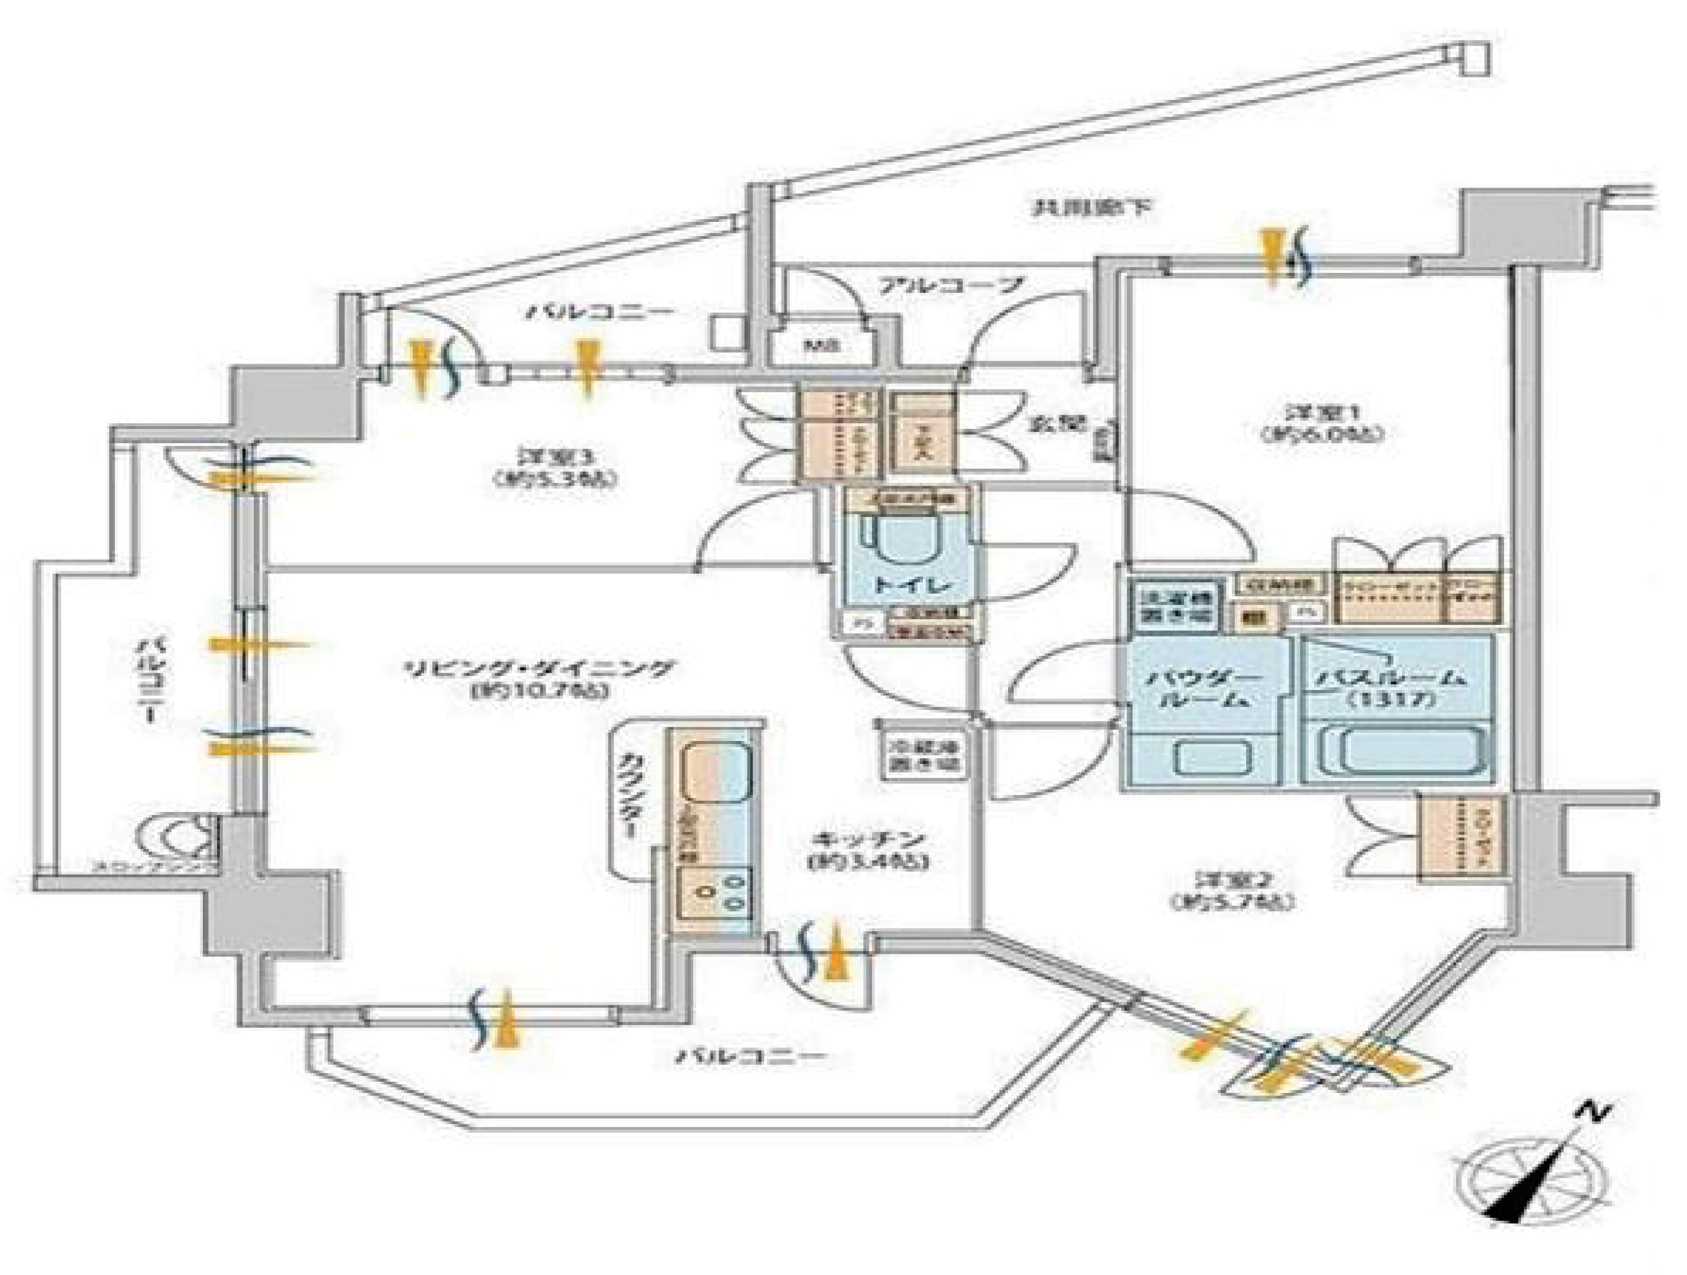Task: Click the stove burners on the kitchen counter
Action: pos(718,892)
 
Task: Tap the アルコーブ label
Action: pos(950,288)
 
